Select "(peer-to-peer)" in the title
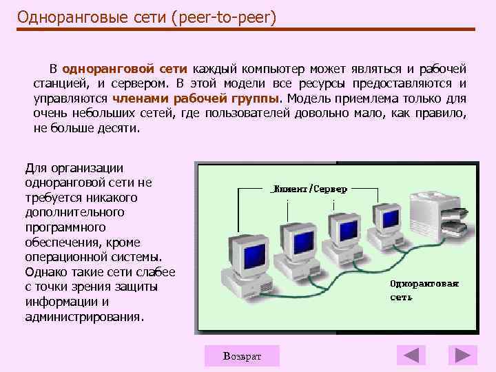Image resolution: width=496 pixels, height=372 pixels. [x=227, y=16]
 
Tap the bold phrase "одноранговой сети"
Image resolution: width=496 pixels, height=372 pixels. [x=125, y=69]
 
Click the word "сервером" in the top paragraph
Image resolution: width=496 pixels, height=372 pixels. [x=141, y=84]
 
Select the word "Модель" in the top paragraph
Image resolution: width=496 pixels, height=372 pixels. [x=309, y=99]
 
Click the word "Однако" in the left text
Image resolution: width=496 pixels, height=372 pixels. [x=45, y=272]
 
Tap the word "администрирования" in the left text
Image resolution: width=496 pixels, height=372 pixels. [x=83, y=318]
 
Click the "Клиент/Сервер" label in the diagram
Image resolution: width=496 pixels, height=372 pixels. [x=311, y=188]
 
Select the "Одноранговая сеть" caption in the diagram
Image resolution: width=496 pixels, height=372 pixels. [x=424, y=290]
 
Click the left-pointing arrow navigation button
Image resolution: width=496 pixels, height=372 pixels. [x=411, y=355]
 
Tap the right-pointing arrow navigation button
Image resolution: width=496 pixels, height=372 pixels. [x=462, y=355]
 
